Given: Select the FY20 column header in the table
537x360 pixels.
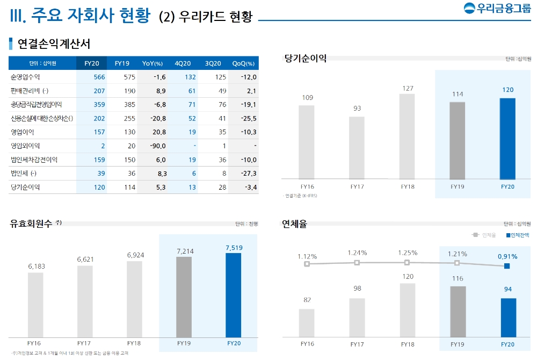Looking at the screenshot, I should pyautogui.click(x=92, y=63).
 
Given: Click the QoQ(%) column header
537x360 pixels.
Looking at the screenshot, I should pyautogui.click(x=243, y=63).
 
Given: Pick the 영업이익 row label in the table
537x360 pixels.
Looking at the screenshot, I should pyautogui.click(x=21, y=132).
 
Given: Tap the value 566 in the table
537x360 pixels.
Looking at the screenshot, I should pyautogui.click(x=99, y=77).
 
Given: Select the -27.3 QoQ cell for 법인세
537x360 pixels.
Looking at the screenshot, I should pyautogui.click(x=248, y=174).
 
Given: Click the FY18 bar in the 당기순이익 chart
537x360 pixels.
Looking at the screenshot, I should pyautogui.click(x=407, y=136).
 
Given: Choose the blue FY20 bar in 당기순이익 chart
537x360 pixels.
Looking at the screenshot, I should pyautogui.click(x=507, y=138).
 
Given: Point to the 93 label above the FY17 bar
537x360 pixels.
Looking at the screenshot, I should pyautogui.click(x=357, y=109).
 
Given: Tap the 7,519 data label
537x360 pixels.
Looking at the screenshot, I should pyautogui.click(x=234, y=247).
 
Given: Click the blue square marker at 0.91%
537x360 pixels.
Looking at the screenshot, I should pyautogui.click(x=507, y=266).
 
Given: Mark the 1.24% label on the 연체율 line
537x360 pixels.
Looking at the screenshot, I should pyautogui.click(x=357, y=253).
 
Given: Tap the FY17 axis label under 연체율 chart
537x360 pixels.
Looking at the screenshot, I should pyautogui.click(x=357, y=344).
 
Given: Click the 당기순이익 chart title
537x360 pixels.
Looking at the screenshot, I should pyautogui.click(x=306, y=59).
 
